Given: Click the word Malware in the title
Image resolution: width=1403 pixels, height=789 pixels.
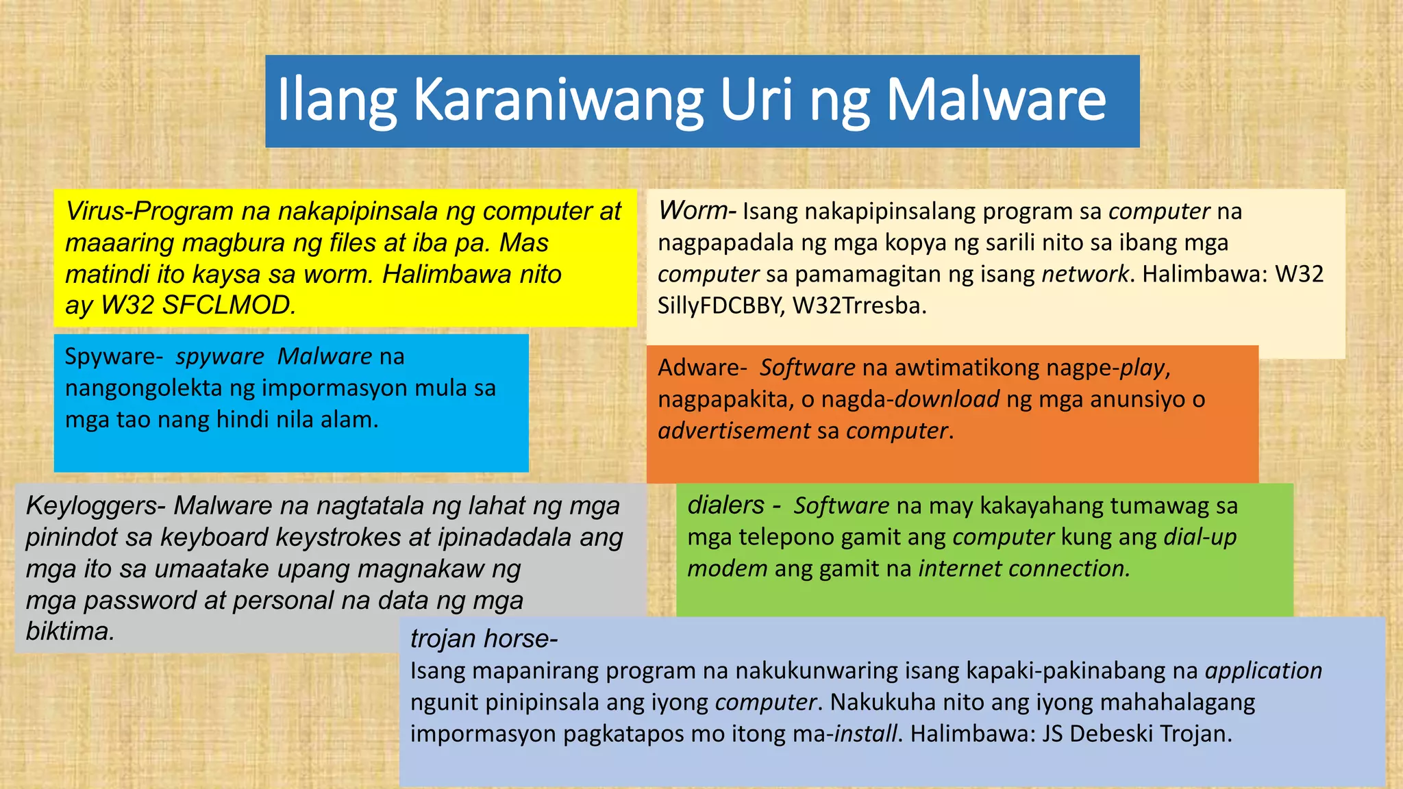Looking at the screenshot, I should [996, 100].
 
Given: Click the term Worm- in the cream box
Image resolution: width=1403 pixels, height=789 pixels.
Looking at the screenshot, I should [696, 211].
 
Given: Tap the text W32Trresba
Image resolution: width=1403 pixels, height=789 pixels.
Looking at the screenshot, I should [859, 305].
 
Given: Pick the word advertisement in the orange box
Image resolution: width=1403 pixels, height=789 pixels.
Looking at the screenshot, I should [734, 431].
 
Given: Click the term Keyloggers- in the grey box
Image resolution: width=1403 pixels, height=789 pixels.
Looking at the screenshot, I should [95, 506].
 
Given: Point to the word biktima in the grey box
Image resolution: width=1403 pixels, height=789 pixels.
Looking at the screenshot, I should [69, 631].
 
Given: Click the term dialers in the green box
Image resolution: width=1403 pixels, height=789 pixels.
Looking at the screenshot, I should [725, 505].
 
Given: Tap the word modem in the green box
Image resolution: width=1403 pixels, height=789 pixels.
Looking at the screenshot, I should [727, 568].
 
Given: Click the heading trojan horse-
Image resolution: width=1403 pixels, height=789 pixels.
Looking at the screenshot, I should [484, 639].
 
